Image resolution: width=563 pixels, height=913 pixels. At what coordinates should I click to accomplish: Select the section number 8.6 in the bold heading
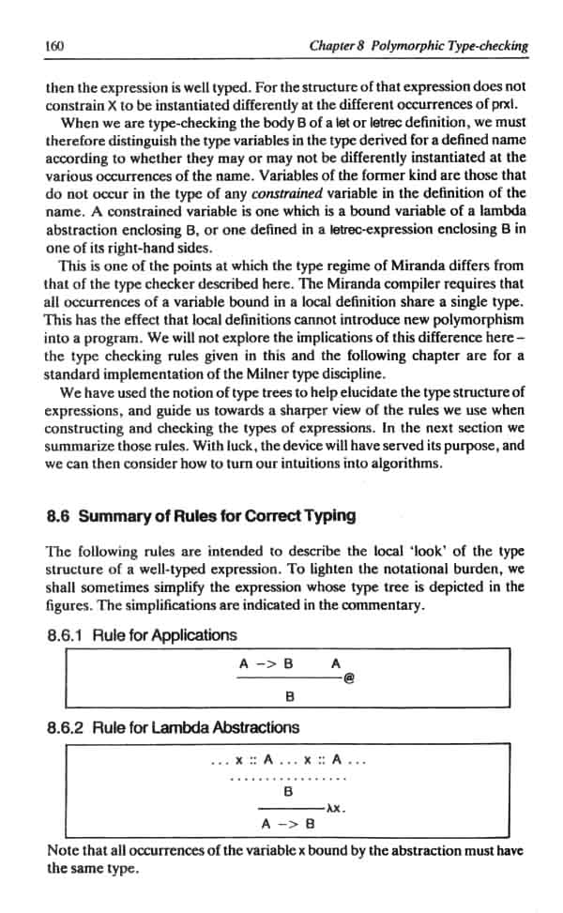tap(59, 515)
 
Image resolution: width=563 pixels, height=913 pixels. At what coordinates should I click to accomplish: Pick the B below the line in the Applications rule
tap(290, 696)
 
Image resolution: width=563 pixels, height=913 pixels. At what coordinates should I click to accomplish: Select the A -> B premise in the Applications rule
tap(266, 663)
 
